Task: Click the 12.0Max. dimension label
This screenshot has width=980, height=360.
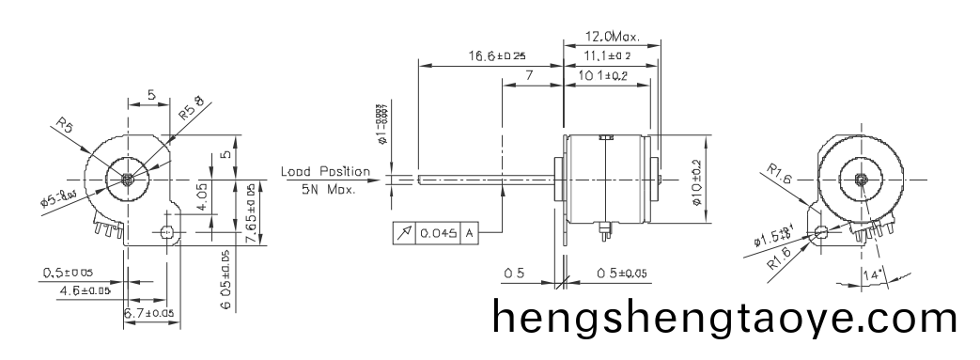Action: click(x=612, y=38)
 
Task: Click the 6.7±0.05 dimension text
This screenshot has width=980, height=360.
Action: click(x=149, y=312)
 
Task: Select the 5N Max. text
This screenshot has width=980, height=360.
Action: click(x=328, y=191)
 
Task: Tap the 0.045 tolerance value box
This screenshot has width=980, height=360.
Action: click(x=438, y=232)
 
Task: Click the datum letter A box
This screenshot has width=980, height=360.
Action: click(x=467, y=232)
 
